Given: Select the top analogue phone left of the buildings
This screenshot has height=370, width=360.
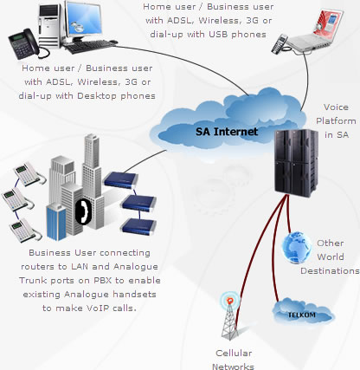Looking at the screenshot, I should [28, 173].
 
